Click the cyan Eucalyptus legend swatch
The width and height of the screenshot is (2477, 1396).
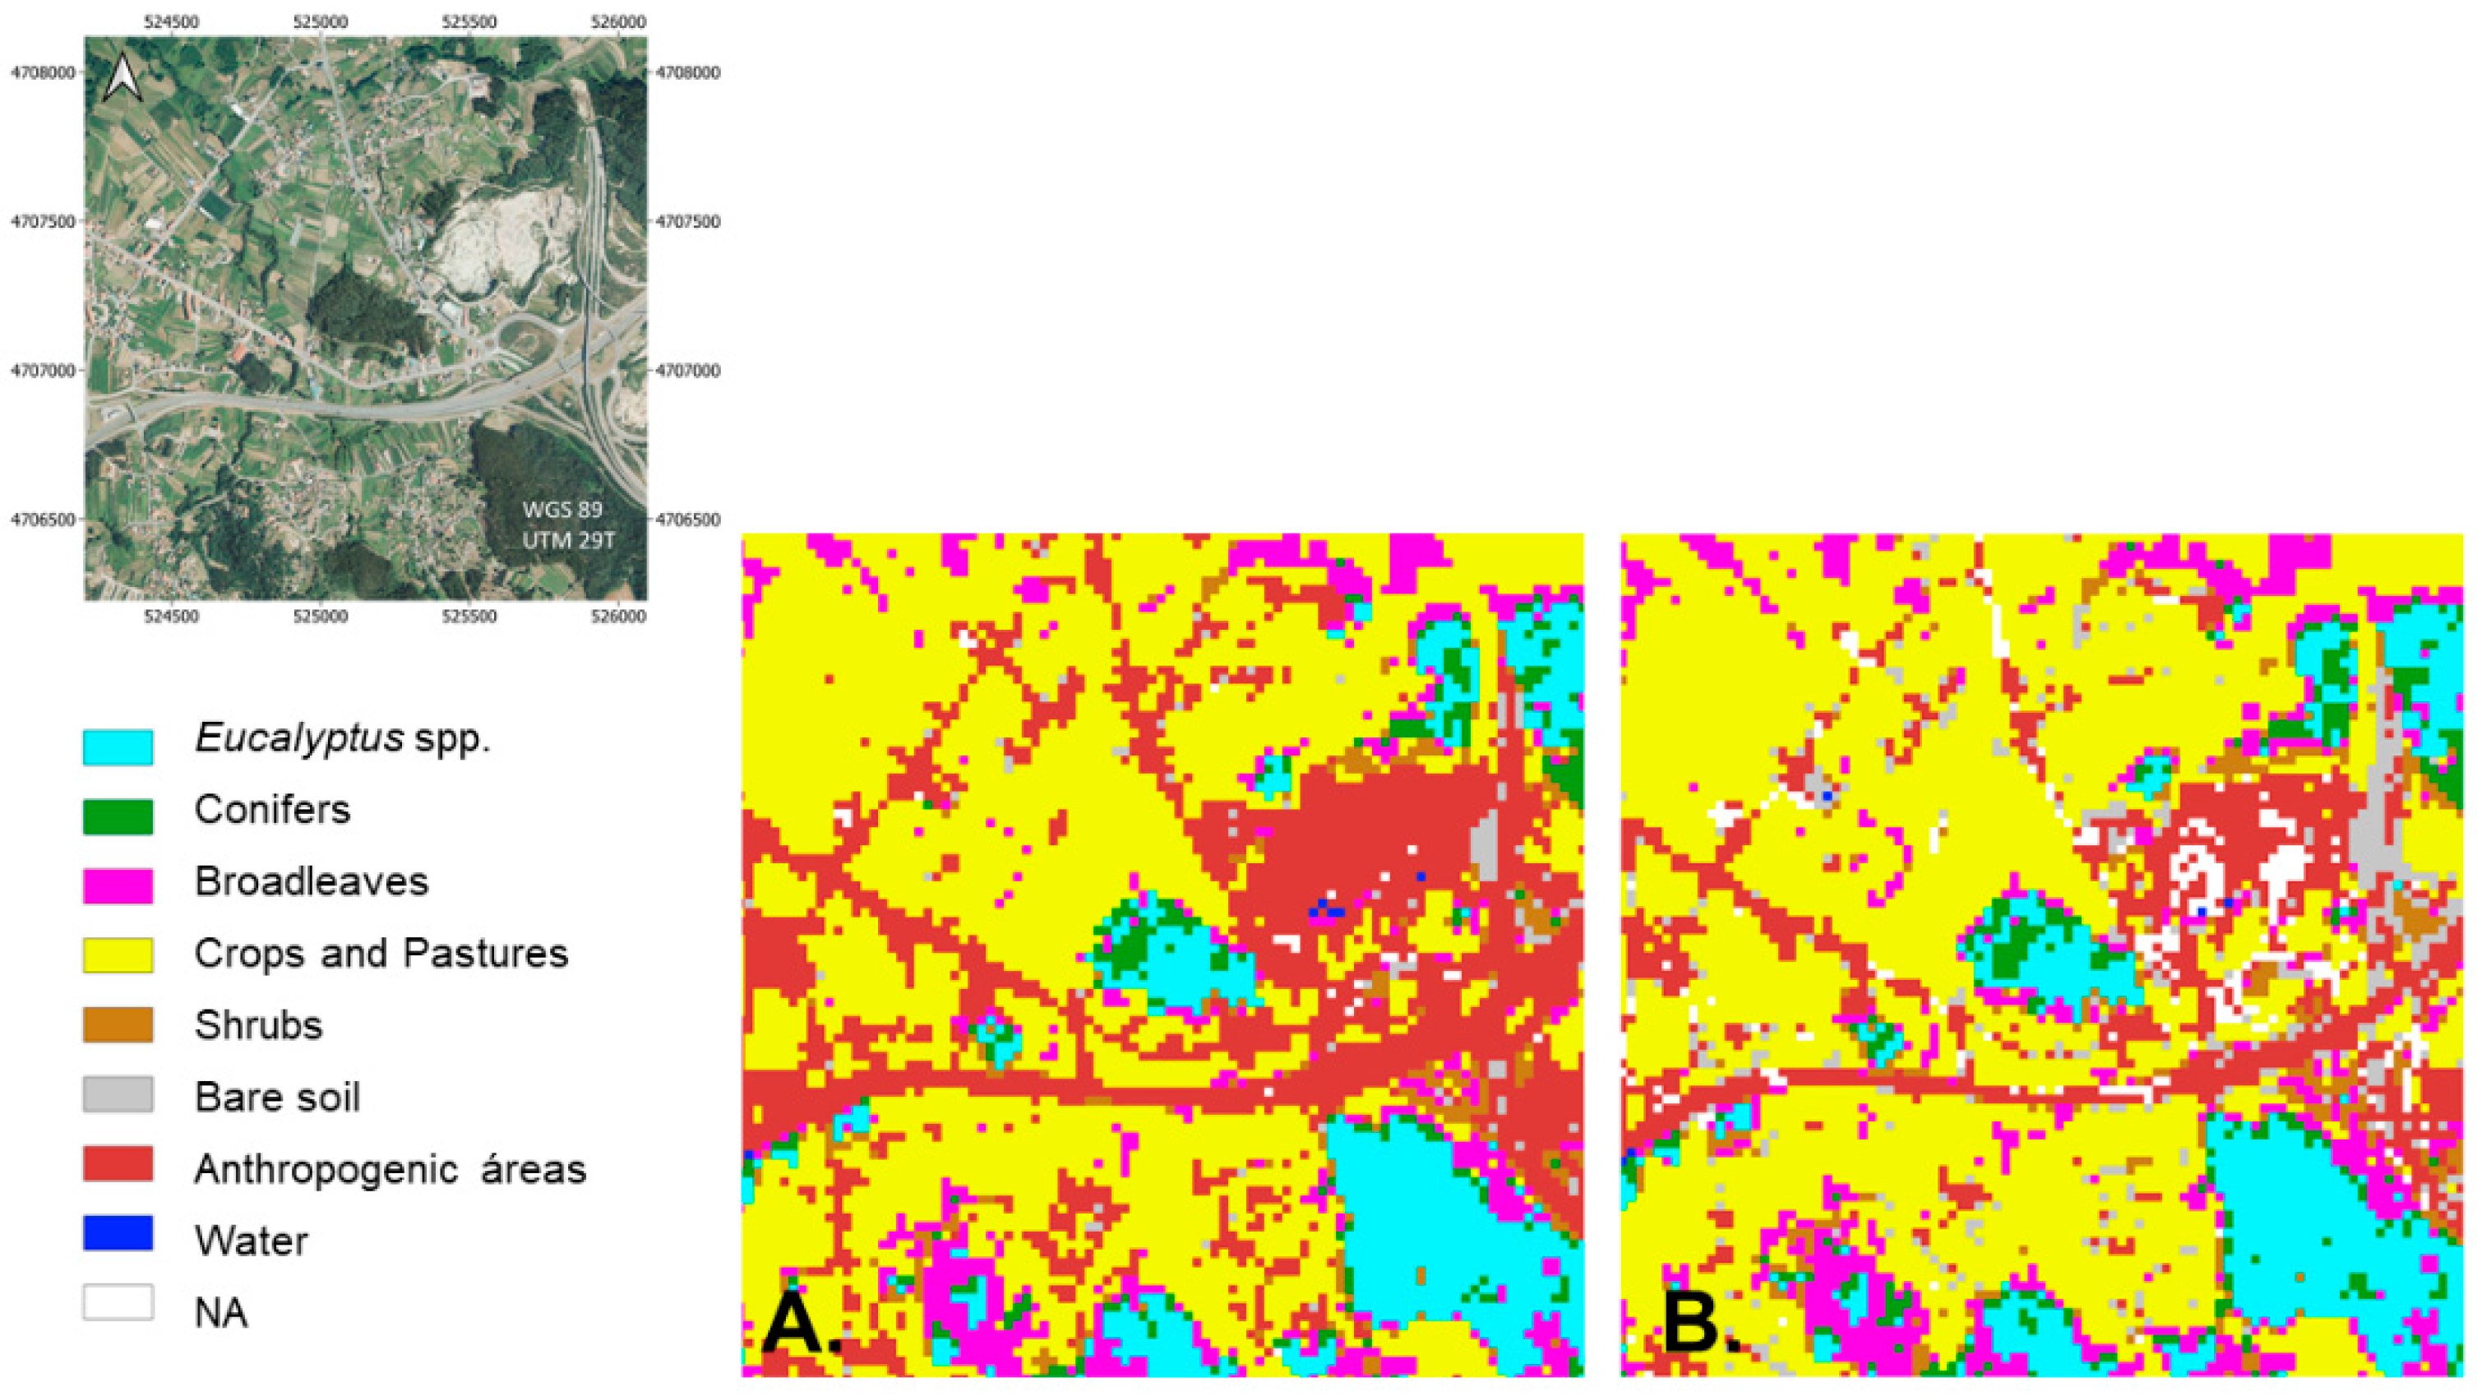(x=118, y=747)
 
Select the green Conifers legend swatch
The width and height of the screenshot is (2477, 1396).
(x=118, y=817)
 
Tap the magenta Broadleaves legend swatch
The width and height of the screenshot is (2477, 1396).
(x=118, y=885)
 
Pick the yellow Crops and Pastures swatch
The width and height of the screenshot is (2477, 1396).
(x=118, y=955)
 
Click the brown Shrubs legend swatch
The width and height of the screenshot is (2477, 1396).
(x=118, y=1025)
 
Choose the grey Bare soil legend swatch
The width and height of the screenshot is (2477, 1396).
(x=118, y=1095)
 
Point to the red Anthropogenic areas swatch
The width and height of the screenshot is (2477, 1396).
(x=118, y=1164)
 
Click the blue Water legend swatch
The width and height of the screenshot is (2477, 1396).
(x=118, y=1233)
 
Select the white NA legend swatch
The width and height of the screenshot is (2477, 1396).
(x=118, y=1303)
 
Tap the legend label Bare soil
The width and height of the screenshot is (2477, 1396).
(x=277, y=1097)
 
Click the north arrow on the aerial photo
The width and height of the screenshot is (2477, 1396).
(x=123, y=78)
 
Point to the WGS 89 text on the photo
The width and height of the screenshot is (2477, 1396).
(x=562, y=510)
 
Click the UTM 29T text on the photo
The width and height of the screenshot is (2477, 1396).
(x=568, y=540)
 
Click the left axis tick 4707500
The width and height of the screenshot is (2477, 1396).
(x=42, y=222)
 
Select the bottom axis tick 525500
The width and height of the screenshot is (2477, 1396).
(x=469, y=617)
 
